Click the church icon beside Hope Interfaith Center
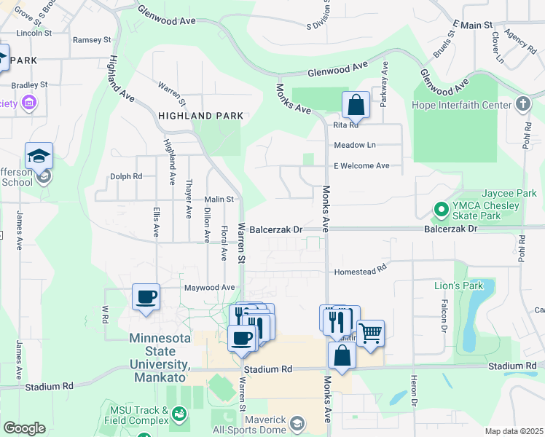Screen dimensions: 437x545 click(x=522, y=104)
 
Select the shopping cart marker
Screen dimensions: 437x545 click(x=371, y=334)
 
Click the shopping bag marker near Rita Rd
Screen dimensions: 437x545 click(x=356, y=106)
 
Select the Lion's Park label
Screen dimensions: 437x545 click(x=458, y=285)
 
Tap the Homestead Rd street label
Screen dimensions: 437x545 click(x=359, y=272)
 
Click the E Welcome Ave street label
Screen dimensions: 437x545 click(x=361, y=166)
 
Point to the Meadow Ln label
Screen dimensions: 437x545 click(x=355, y=146)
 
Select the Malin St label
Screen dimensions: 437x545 click(x=218, y=199)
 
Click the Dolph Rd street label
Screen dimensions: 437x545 click(x=126, y=176)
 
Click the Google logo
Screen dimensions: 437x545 click(x=24, y=428)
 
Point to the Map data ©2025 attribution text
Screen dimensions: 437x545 click(x=514, y=431)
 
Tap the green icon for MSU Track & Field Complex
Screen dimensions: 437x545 click(x=178, y=414)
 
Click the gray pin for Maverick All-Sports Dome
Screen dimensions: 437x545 click(x=297, y=422)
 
